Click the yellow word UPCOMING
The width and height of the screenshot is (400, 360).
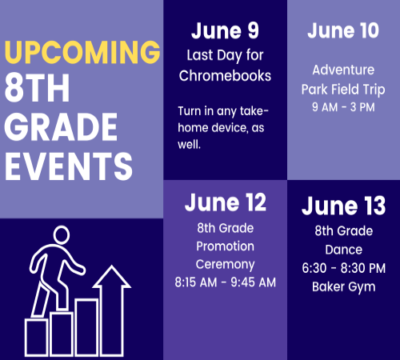click(x=82, y=52)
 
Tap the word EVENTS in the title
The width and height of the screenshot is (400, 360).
click(x=69, y=166)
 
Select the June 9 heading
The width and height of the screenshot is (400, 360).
click(x=225, y=30)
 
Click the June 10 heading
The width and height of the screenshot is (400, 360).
click(x=343, y=30)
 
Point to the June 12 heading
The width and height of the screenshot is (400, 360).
click(x=226, y=202)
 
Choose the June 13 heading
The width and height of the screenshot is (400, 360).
click(x=343, y=206)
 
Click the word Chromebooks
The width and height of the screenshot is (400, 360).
click(x=225, y=76)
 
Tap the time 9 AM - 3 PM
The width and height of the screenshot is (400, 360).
click(x=343, y=107)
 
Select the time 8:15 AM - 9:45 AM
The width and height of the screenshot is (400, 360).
click(x=226, y=282)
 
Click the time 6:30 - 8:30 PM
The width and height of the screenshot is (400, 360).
click(x=344, y=268)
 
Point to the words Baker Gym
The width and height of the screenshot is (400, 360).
click(x=344, y=287)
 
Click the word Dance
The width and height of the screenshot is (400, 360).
click(x=344, y=250)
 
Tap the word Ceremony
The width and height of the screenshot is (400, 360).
click(x=226, y=265)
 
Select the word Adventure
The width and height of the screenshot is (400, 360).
click(x=343, y=70)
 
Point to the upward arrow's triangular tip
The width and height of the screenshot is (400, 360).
click(x=112, y=266)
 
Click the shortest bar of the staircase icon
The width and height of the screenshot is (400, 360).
click(x=37, y=338)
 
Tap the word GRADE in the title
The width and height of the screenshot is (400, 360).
click(x=61, y=126)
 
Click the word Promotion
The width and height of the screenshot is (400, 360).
click(x=226, y=246)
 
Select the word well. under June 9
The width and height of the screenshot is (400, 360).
click(x=189, y=145)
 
